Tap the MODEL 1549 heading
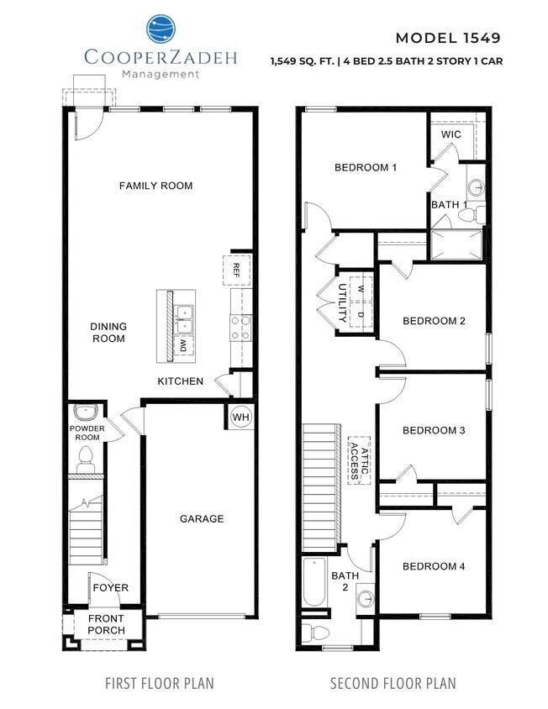447,38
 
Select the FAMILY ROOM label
155,186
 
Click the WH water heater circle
240,418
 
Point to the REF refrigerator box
237,269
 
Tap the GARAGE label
202,518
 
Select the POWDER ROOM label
86,432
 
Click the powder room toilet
85,458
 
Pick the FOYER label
110,587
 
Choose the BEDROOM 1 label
366,167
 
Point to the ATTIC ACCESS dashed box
360,460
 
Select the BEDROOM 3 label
434,430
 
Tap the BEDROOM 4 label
434,566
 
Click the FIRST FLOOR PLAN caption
159,683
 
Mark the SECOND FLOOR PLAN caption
393,683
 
